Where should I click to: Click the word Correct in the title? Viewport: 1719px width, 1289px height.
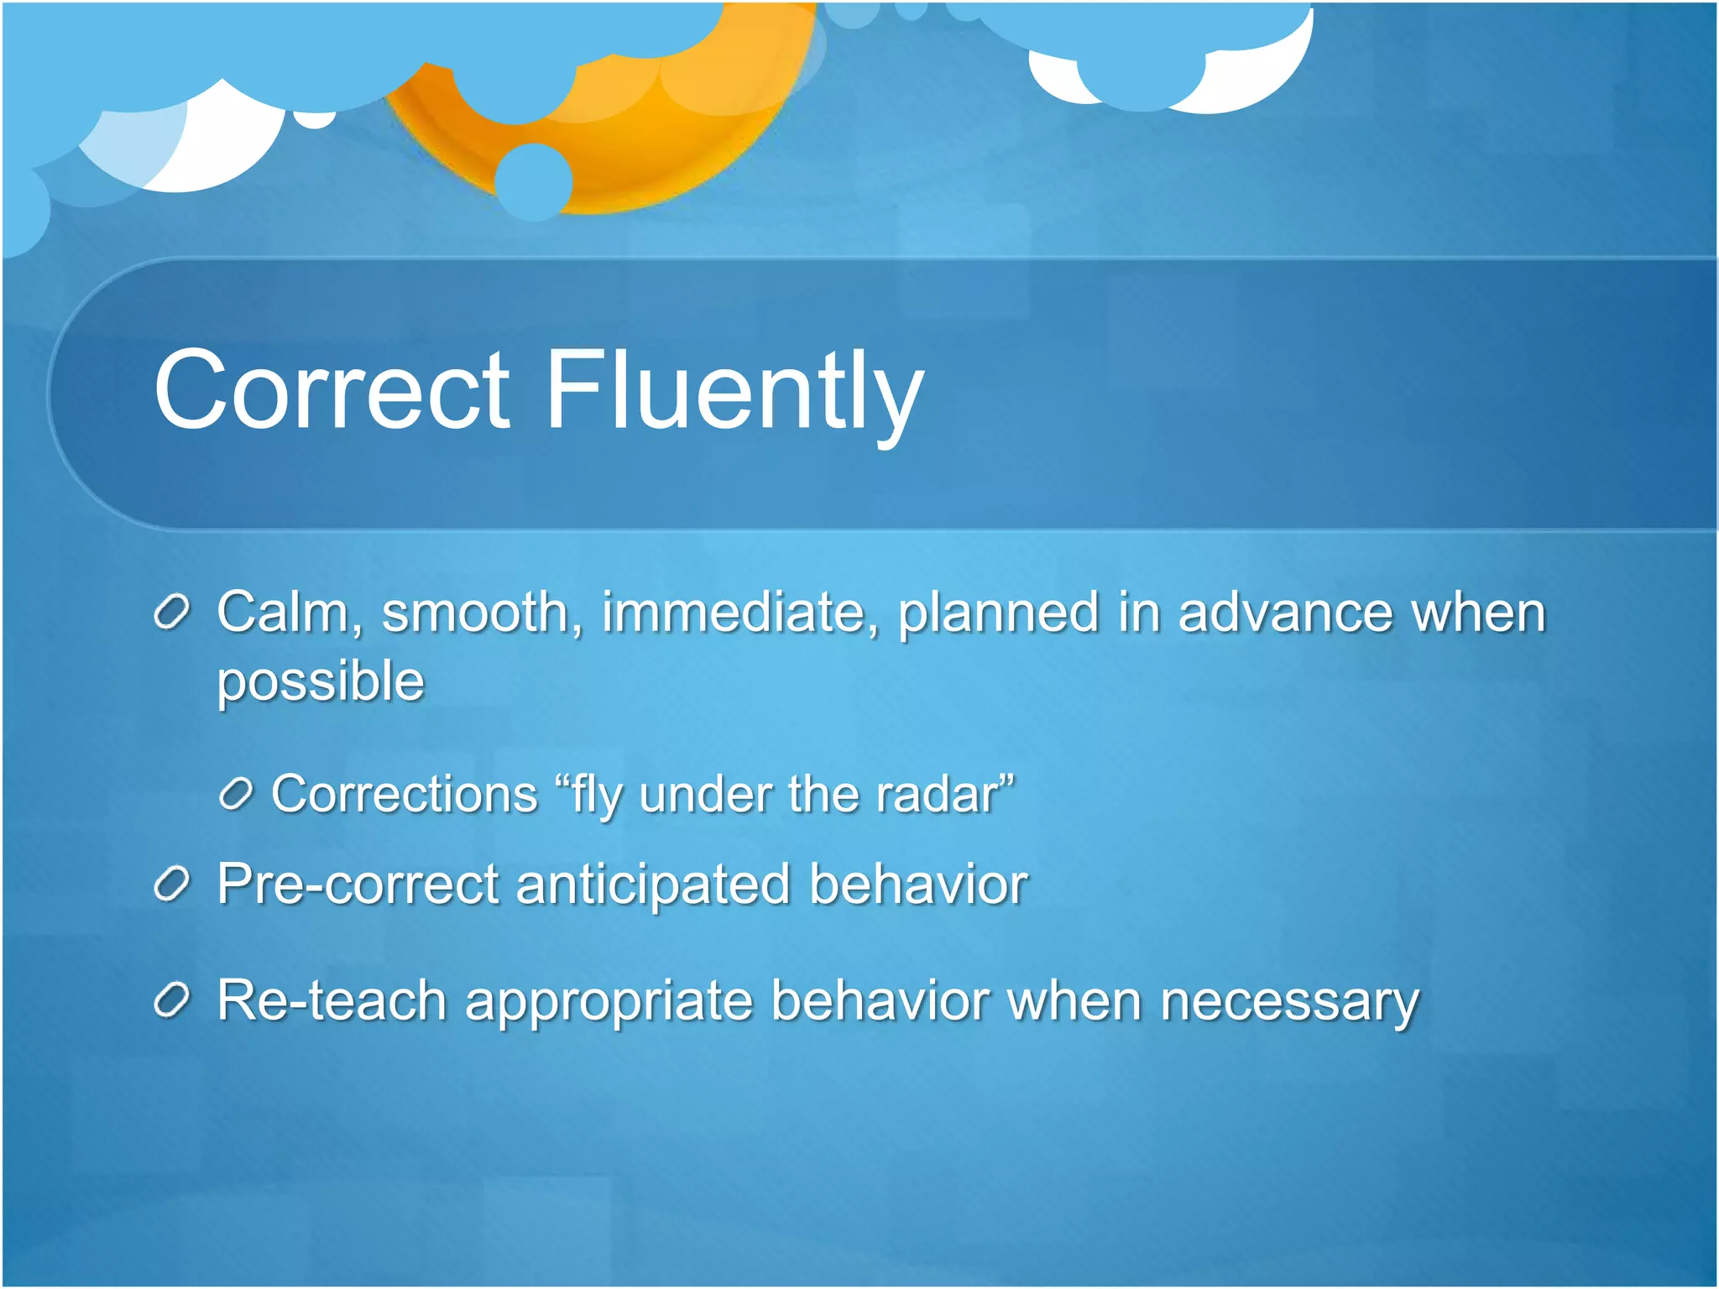click(x=332, y=390)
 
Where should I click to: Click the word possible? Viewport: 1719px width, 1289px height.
click(x=321, y=681)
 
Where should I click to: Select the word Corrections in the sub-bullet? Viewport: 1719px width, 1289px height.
click(x=404, y=794)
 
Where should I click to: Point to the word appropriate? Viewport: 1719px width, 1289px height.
click(x=608, y=1002)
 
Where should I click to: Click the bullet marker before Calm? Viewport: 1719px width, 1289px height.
click(x=173, y=613)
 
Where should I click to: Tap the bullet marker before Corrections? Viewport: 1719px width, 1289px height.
click(x=235, y=794)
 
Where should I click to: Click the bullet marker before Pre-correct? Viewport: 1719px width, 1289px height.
click(x=173, y=885)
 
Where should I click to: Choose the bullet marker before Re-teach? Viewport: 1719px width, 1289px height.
click(x=173, y=1000)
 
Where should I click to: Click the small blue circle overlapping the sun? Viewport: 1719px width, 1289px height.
click(x=534, y=181)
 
